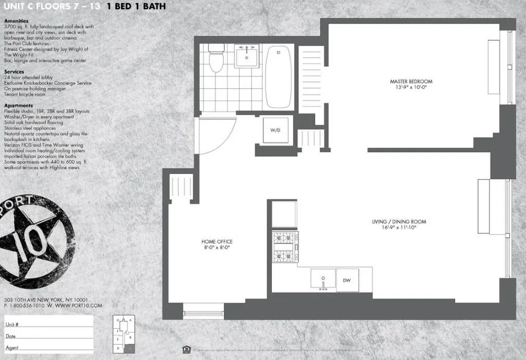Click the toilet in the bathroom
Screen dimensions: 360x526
216,58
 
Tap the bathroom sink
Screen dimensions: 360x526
246,55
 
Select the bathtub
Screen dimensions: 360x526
279,76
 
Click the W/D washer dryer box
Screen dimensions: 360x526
275,129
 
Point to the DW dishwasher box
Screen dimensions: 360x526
346,280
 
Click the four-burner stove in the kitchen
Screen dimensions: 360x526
285,247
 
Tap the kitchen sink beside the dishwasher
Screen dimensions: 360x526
323,280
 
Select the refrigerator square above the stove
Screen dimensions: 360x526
285,214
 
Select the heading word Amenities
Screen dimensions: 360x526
16,21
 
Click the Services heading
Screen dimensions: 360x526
14,71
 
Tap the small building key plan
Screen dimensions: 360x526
123,333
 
